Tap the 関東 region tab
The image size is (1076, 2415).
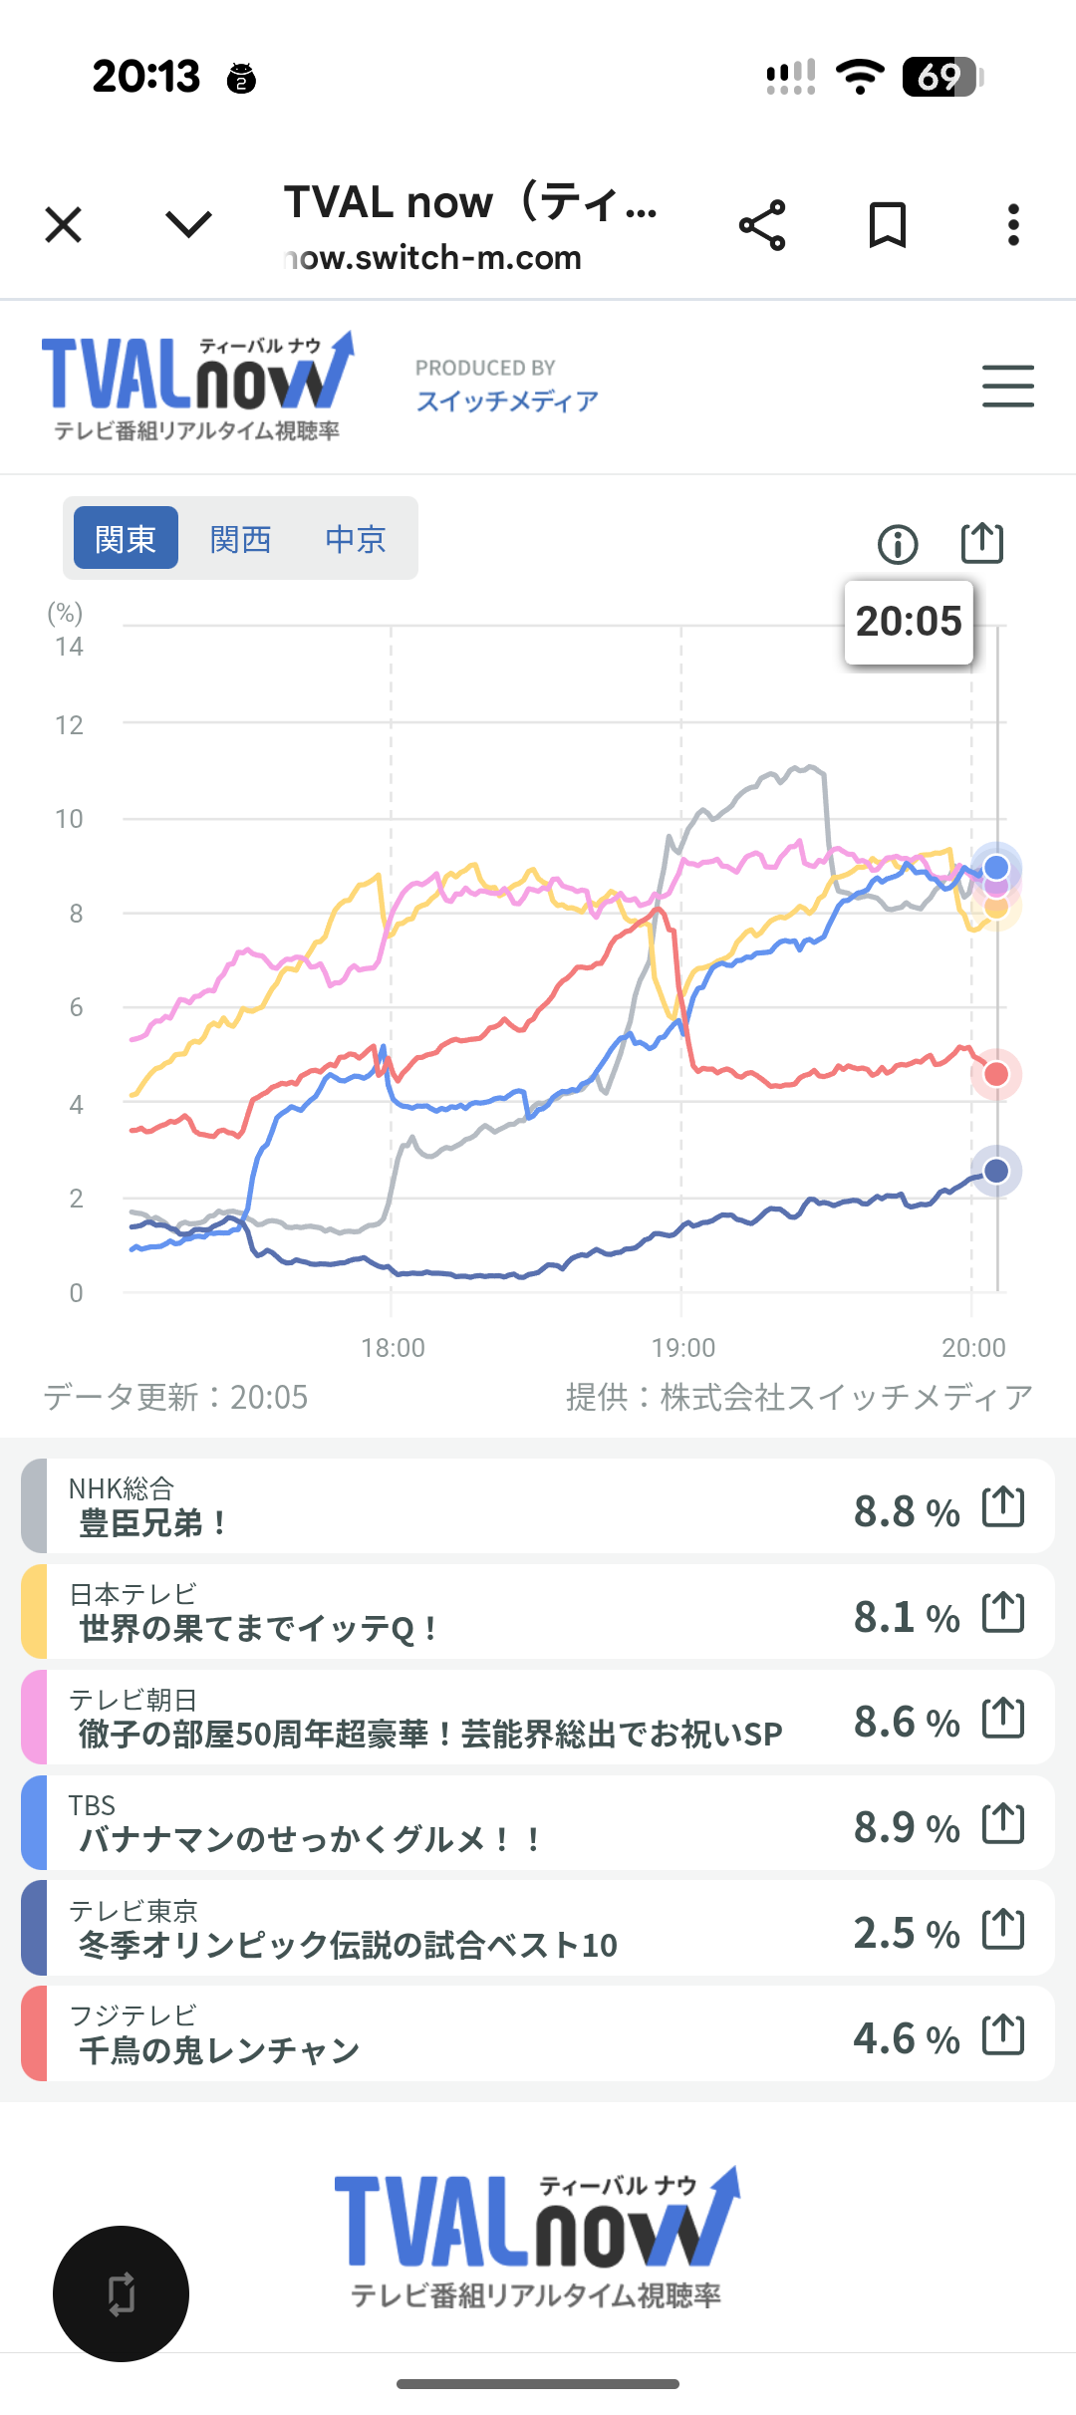pos(126,538)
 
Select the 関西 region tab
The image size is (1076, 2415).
pos(240,538)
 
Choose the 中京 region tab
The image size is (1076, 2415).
pos(355,538)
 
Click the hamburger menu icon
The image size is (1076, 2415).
pos(1007,386)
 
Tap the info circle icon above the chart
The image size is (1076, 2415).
pos(897,544)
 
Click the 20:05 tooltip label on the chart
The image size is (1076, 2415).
pos(909,622)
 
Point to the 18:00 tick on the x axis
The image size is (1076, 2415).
pos(393,1347)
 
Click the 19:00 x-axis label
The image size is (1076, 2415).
pos(683,1347)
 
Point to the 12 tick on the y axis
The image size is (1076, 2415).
pos(69,725)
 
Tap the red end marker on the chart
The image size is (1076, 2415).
pos(996,1074)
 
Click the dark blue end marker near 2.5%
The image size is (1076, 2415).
pos(996,1171)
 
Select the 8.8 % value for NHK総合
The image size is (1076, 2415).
pos(906,1511)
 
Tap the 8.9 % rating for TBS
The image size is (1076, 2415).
pos(906,1827)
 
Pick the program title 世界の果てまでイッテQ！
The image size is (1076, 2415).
pos(258,1628)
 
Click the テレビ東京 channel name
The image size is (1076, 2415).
pos(134,1910)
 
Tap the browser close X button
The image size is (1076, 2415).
pos(64,225)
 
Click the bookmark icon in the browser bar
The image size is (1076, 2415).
pos(887,225)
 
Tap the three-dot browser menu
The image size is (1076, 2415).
pos(1013,225)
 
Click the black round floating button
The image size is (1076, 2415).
pos(121,2293)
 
